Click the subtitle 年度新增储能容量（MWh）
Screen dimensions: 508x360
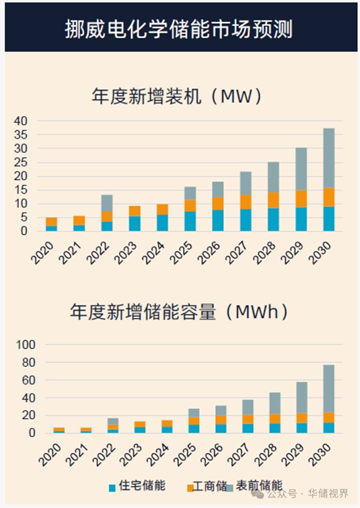tap(179, 312)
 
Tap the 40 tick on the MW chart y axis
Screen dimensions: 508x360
tap(21, 121)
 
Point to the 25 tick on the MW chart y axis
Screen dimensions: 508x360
tap(21, 162)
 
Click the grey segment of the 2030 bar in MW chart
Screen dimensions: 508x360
tap(329, 158)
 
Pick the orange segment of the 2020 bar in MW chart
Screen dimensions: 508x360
tap(51, 222)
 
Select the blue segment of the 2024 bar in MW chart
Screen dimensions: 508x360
tap(162, 223)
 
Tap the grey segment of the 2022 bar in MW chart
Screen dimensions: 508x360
tap(107, 203)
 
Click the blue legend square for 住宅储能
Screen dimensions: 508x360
tap(112, 487)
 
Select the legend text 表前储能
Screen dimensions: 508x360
tap(259, 486)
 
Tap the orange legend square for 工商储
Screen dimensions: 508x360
tap(191, 487)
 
